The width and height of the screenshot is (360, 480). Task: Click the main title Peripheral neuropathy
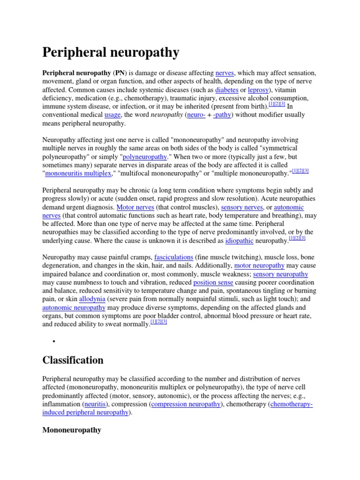111,52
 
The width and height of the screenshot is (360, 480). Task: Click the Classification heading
73,360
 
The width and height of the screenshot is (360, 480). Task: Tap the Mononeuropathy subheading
72,429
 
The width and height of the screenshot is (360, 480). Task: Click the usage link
112,114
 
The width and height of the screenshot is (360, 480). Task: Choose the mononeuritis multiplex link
78,173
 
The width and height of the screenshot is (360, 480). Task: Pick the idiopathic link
239,240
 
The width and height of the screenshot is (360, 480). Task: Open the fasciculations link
173,257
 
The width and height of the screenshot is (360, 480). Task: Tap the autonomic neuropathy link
74,307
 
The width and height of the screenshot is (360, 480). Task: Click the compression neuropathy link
186,404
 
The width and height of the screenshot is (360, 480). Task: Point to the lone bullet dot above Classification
55,341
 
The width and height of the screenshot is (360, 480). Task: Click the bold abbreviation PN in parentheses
118,73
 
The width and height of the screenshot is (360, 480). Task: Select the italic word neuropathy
166,114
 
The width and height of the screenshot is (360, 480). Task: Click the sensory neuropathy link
280,274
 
